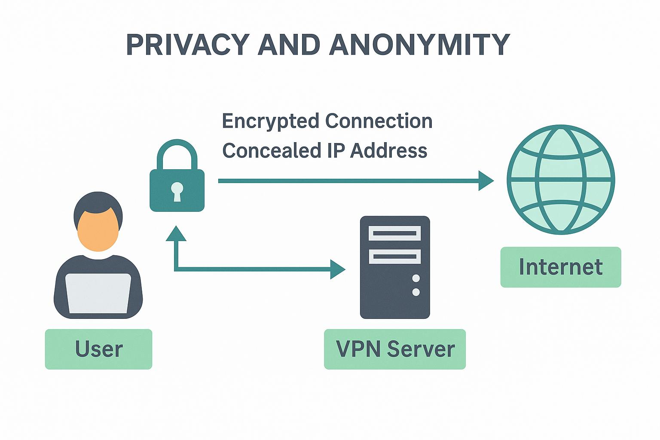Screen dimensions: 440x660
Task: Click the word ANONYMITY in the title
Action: [419, 45]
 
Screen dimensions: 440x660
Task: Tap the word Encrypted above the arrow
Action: [270, 122]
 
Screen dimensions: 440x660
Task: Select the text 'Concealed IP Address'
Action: [324, 151]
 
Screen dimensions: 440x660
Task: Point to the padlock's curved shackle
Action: [177, 150]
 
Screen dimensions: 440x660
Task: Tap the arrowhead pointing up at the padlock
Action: [176, 234]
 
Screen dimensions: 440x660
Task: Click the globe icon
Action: [561, 180]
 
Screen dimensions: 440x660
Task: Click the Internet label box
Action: [561, 267]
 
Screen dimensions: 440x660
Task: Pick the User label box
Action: [98, 349]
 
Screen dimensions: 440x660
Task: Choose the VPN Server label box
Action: [394, 349]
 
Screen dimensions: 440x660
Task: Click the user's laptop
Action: [98, 293]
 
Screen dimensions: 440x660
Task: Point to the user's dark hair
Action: [98, 202]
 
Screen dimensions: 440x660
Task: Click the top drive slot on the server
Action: [394, 233]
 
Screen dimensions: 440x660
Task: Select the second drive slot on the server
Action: [394, 257]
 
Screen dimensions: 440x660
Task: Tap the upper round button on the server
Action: [416, 278]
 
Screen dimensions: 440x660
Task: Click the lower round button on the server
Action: [416, 292]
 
